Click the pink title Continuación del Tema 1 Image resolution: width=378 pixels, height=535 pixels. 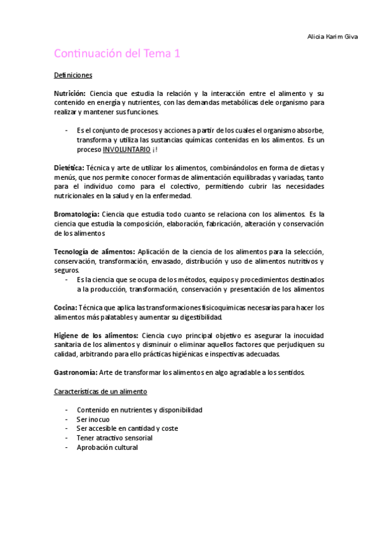[x=117, y=54]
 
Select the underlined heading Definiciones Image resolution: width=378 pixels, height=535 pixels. [x=73, y=76]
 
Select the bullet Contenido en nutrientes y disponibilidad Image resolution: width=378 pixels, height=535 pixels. [x=139, y=410]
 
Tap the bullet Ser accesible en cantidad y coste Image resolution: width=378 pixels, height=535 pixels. [x=127, y=428]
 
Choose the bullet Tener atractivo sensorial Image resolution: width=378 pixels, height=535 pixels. [x=114, y=438]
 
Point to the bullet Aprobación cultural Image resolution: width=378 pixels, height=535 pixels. [x=107, y=447]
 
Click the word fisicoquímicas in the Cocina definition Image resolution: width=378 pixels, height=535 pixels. [x=199, y=307]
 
